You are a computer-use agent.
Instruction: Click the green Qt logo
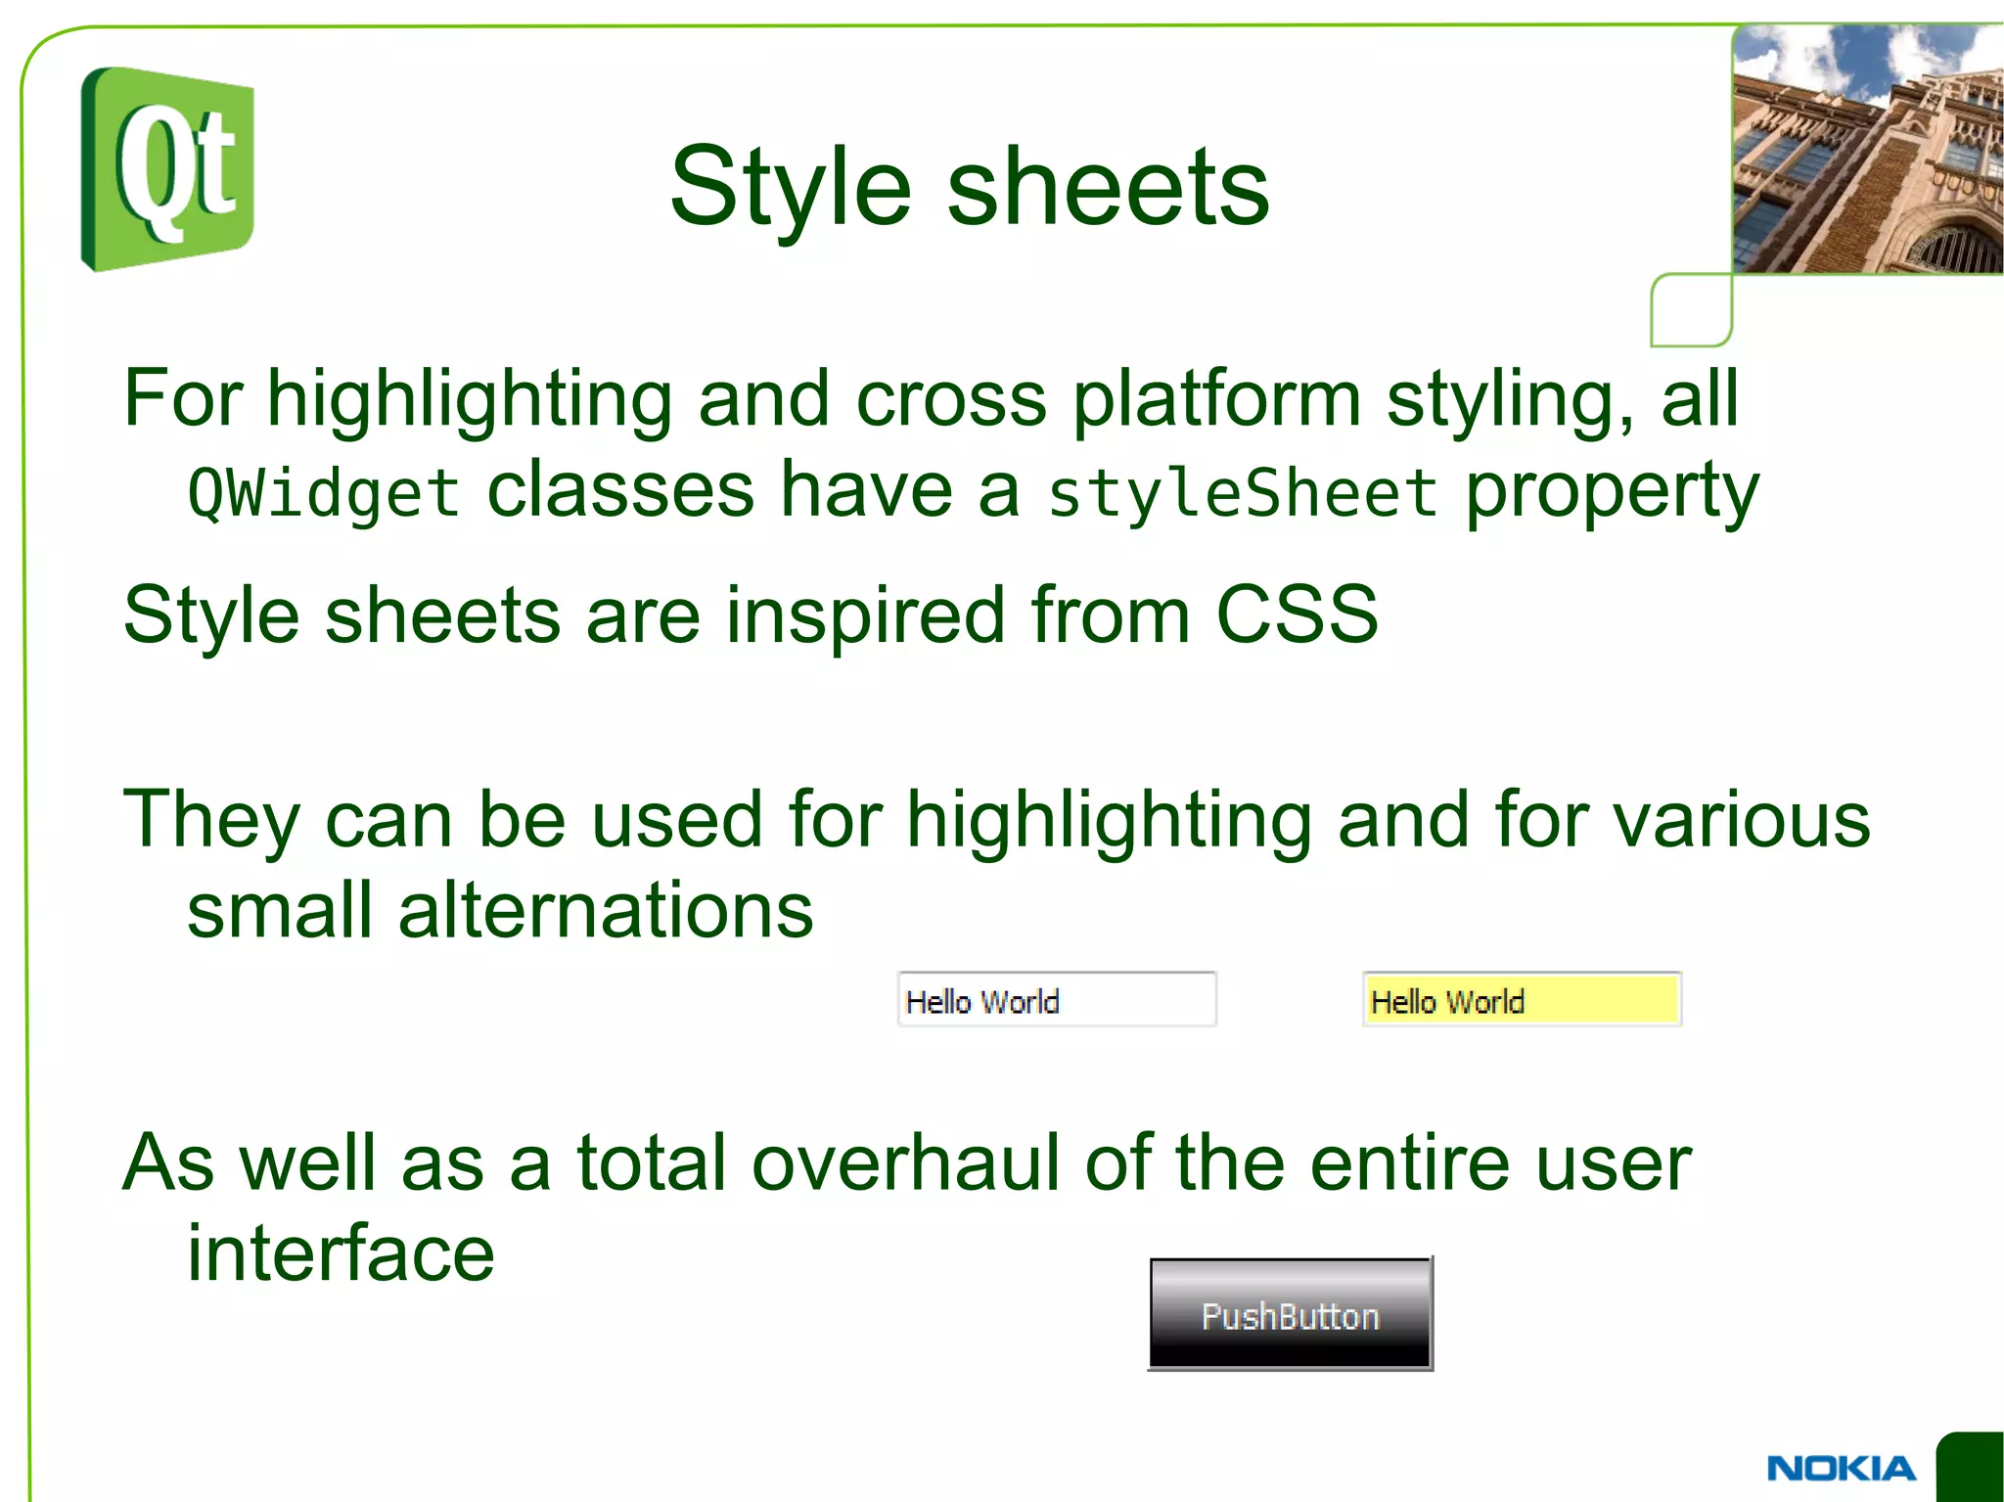point(167,168)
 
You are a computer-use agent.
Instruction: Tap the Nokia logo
point(1841,1468)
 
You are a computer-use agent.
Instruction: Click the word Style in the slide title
point(790,188)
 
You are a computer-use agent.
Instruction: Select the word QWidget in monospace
point(323,492)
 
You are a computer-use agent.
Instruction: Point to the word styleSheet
point(1242,492)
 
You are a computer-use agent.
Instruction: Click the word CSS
point(1297,614)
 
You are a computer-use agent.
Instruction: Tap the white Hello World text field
point(1056,999)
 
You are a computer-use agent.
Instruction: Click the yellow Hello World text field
point(1521,999)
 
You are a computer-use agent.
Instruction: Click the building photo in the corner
point(1867,149)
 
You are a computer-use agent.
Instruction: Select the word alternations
point(605,910)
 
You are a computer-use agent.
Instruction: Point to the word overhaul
point(905,1162)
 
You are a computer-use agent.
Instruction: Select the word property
point(1612,492)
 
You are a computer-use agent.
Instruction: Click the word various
point(1742,819)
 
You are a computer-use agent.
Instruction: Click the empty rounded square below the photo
point(1691,309)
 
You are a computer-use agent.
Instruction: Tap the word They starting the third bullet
point(211,819)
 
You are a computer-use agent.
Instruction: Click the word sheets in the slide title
point(1108,188)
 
